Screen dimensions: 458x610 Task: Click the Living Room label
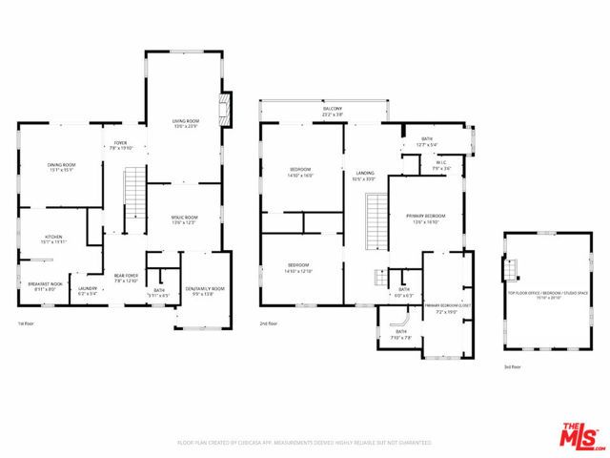coord(185,123)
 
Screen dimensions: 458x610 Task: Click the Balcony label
coord(332,112)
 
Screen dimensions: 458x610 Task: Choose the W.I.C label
coord(441,164)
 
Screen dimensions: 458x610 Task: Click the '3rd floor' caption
coord(513,366)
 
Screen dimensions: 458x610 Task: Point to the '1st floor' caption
coord(27,324)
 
